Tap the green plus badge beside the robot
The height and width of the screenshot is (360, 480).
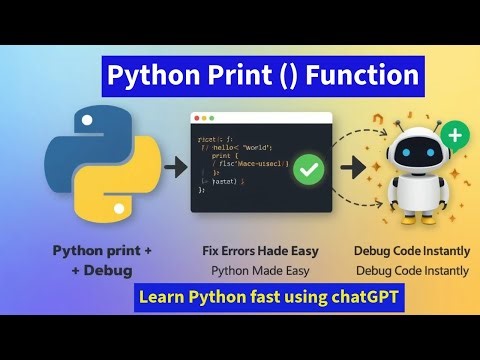click(455, 135)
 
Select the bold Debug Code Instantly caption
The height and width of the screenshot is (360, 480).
click(412, 250)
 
